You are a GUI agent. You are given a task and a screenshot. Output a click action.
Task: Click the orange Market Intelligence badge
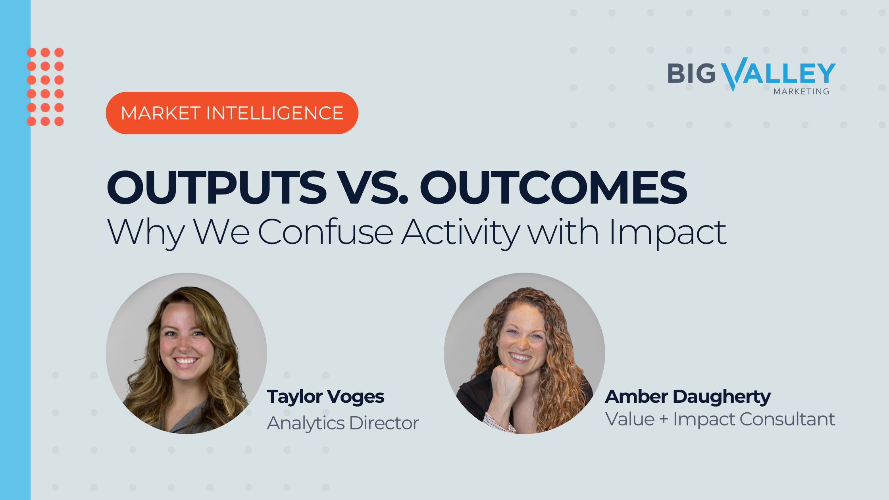pos(232,113)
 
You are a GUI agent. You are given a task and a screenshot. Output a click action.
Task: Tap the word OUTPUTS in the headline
pos(217,187)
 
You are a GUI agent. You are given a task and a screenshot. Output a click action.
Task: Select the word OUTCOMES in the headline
pos(554,187)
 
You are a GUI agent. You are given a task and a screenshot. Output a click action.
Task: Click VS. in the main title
pos(373,187)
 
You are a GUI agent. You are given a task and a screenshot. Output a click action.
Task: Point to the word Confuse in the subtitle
pos(325,232)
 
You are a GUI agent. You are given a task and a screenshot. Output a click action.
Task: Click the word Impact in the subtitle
pos(668,233)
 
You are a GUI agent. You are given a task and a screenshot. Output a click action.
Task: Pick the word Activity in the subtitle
pos(461,233)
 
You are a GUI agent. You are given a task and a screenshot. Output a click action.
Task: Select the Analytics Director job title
pos(343,423)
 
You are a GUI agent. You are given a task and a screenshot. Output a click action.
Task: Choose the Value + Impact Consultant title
pos(720,419)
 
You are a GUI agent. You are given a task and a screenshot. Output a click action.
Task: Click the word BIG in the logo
pos(691,74)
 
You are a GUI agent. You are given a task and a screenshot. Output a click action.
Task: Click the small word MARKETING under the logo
pos(801,92)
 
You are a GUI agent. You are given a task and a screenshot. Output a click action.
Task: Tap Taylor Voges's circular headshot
pos(187,353)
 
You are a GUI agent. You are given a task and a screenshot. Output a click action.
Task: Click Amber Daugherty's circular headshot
pos(525,353)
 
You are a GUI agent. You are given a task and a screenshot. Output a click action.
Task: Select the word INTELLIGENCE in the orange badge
pos(275,113)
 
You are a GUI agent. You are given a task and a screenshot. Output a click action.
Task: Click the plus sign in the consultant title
pos(664,420)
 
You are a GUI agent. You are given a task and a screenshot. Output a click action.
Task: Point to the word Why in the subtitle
pos(146,233)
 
